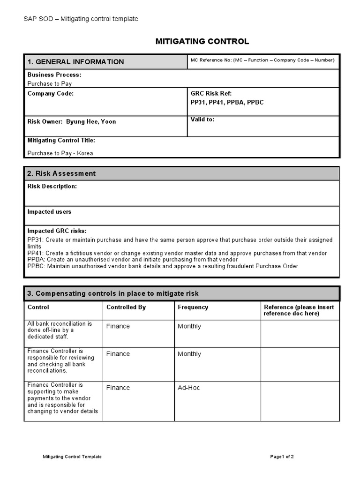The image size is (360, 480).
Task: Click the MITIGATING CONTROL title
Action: point(202,42)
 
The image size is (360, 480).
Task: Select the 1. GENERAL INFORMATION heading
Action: point(75,62)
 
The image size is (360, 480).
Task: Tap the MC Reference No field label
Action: point(262,60)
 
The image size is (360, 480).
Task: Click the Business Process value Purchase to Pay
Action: point(50,83)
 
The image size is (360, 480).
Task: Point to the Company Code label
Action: point(51,93)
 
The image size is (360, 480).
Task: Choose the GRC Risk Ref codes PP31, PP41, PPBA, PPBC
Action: point(227,102)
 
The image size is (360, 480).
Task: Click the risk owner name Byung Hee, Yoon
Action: point(91,121)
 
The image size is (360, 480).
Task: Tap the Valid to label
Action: point(202,120)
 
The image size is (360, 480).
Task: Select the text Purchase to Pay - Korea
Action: point(60,153)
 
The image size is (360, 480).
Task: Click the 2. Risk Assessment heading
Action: point(61,173)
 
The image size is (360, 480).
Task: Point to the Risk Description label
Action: point(52,186)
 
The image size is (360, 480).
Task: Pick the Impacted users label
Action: point(49,212)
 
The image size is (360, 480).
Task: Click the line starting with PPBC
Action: point(163,266)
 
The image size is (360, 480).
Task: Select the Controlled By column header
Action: point(126,307)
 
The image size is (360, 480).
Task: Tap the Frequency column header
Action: point(193,307)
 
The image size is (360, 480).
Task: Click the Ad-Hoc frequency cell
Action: point(189,388)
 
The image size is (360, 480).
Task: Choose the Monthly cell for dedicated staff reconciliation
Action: point(189,326)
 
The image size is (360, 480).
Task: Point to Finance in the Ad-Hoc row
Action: point(118,388)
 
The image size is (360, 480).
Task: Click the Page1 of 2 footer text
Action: point(282,457)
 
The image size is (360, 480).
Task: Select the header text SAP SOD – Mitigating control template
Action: point(81,19)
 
